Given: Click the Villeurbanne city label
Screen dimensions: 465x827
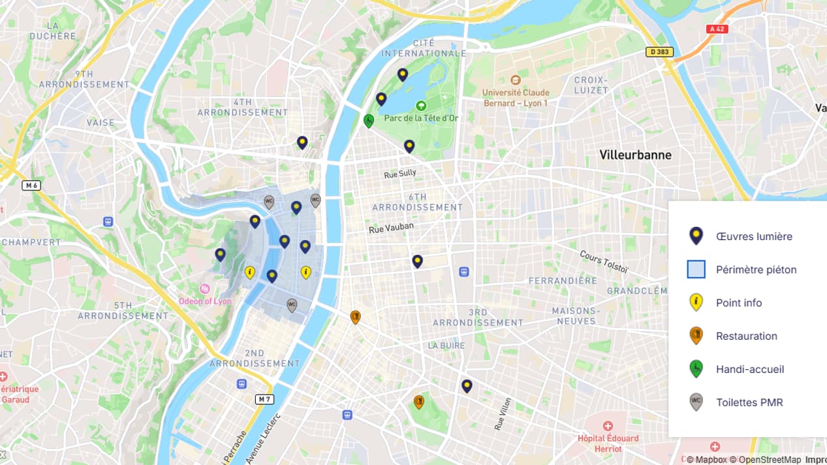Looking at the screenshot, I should [x=635, y=155].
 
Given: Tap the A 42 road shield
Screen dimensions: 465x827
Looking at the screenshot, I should [x=717, y=29].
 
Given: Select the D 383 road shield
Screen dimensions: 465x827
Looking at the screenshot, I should [x=659, y=52].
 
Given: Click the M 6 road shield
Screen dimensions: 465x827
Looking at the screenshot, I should [x=31, y=185].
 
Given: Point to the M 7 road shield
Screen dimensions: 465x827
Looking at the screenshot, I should [x=264, y=398].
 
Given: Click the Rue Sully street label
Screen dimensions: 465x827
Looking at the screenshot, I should [x=399, y=174].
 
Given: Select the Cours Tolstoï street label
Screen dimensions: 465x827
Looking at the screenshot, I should [x=604, y=261].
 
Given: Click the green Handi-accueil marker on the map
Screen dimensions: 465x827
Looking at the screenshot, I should [x=369, y=121].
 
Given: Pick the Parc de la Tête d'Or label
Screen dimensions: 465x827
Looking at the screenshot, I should [x=421, y=118].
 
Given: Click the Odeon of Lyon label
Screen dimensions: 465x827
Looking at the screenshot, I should [x=205, y=301].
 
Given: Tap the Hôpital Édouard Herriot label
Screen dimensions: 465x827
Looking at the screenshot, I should [x=608, y=443].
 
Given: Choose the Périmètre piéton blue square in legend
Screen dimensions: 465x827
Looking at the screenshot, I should [x=696, y=269].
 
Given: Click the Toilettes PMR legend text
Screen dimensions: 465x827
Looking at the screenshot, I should [x=749, y=402].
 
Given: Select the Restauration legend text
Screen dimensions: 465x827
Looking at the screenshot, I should [x=746, y=336].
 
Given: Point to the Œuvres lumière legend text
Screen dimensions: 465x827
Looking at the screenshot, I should [x=754, y=236].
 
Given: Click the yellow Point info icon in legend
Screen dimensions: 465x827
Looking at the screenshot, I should [x=696, y=302].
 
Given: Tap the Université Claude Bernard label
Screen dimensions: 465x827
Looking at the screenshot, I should [x=515, y=98].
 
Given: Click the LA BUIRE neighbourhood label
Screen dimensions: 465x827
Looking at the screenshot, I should [x=446, y=346].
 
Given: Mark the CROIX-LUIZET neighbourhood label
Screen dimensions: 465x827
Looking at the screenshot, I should [x=591, y=85].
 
